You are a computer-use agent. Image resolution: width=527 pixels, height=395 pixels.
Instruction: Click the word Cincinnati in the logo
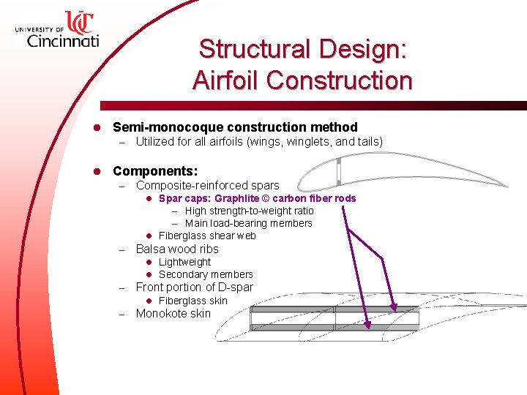(x=62, y=41)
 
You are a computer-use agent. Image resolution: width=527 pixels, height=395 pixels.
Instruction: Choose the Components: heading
(x=155, y=171)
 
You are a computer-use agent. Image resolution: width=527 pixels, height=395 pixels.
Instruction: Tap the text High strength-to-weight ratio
(x=249, y=211)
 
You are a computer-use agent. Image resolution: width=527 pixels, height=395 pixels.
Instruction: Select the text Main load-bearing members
(x=248, y=223)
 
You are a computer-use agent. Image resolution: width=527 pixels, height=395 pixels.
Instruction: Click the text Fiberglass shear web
(x=207, y=236)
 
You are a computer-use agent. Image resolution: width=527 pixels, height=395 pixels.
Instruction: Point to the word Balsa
(x=151, y=249)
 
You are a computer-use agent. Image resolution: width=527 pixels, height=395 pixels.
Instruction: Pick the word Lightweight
(x=184, y=262)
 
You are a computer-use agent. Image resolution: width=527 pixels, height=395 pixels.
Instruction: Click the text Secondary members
(x=206, y=274)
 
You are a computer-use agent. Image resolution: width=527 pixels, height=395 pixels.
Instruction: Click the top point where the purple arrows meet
(x=349, y=231)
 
